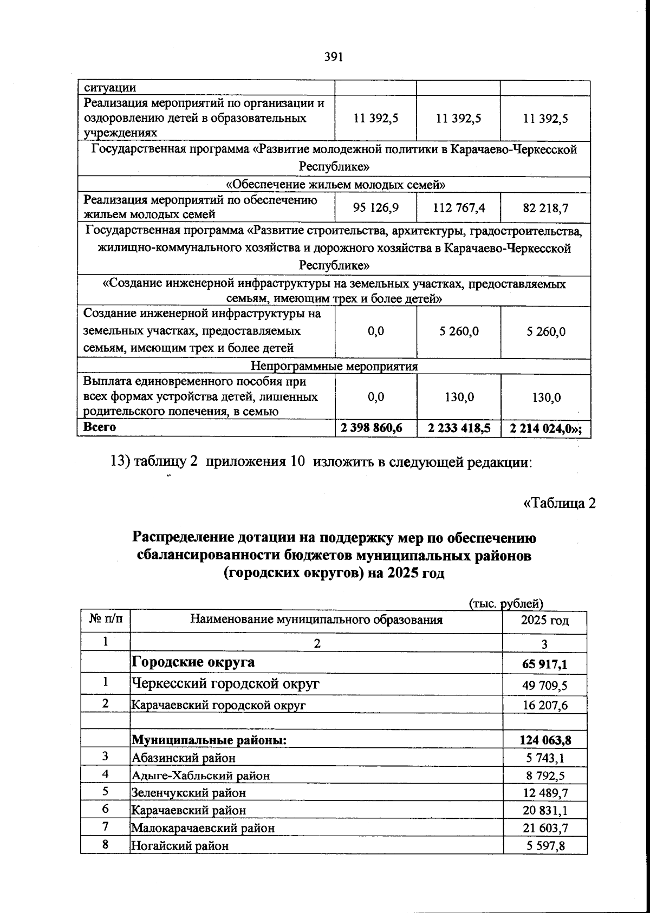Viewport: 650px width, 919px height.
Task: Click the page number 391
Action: click(x=334, y=57)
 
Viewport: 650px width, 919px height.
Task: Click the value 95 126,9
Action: click(x=376, y=208)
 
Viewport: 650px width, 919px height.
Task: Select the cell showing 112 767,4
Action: click(x=459, y=208)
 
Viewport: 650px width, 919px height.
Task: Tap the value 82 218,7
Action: click(x=545, y=208)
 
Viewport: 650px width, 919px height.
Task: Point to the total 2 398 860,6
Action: click(x=372, y=428)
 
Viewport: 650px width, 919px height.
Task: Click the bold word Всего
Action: click(x=100, y=427)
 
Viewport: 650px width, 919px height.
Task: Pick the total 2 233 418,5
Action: click(x=459, y=428)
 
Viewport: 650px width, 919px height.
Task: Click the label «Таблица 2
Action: click(x=560, y=503)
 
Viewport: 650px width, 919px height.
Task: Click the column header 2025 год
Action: click(x=544, y=621)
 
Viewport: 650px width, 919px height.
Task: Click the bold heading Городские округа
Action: click(x=193, y=662)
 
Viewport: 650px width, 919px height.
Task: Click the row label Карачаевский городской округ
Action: click(x=219, y=705)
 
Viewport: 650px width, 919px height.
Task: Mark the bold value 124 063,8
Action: click(x=544, y=740)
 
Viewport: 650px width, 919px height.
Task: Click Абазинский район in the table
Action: click(x=184, y=758)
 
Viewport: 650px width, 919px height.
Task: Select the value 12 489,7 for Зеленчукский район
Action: click(x=546, y=793)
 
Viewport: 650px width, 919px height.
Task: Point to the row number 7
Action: click(x=106, y=827)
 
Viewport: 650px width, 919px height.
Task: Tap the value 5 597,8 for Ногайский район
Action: click(x=546, y=845)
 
